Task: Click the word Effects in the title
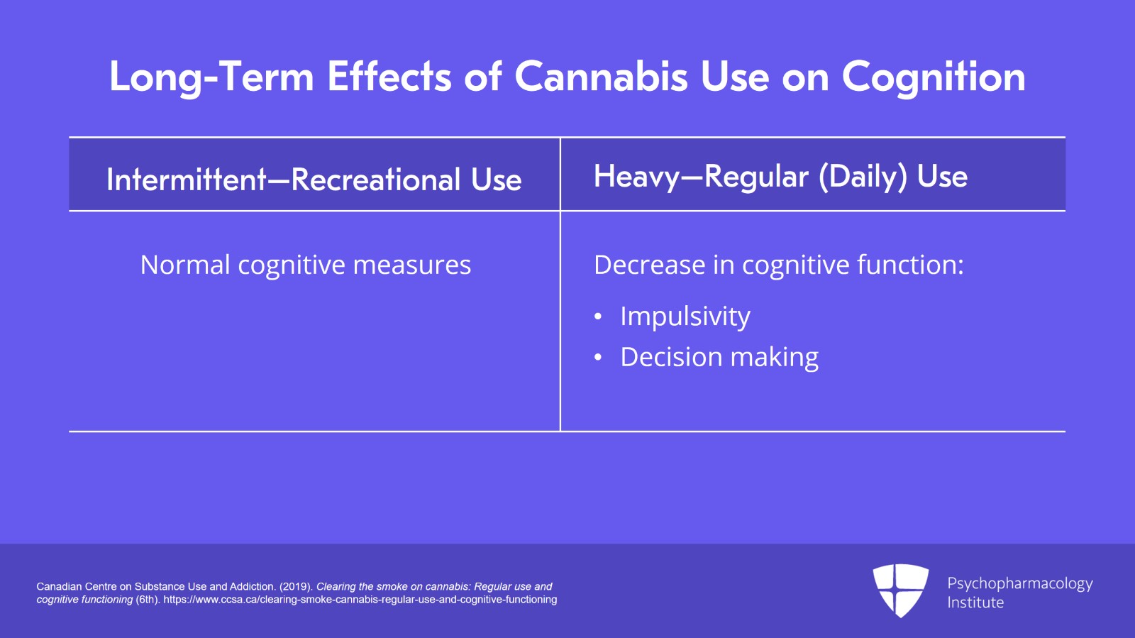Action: pyautogui.click(x=389, y=77)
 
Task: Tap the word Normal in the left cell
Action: pyautogui.click(x=185, y=265)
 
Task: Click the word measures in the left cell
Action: pyautogui.click(x=412, y=265)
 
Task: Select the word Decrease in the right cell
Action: pyautogui.click(x=649, y=265)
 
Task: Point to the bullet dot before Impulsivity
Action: pyautogui.click(x=598, y=317)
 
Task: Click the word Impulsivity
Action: pyautogui.click(x=685, y=317)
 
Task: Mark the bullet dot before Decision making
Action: pyautogui.click(x=598, y=357)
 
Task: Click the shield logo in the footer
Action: pyautogui.click(x=900, y=590)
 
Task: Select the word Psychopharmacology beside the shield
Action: pyautogui.click(x=1020, y=584)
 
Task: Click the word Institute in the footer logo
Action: pyautogui.click(x=975, y=603)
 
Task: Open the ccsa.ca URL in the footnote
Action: pyautogui.click(x=360, y=600)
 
